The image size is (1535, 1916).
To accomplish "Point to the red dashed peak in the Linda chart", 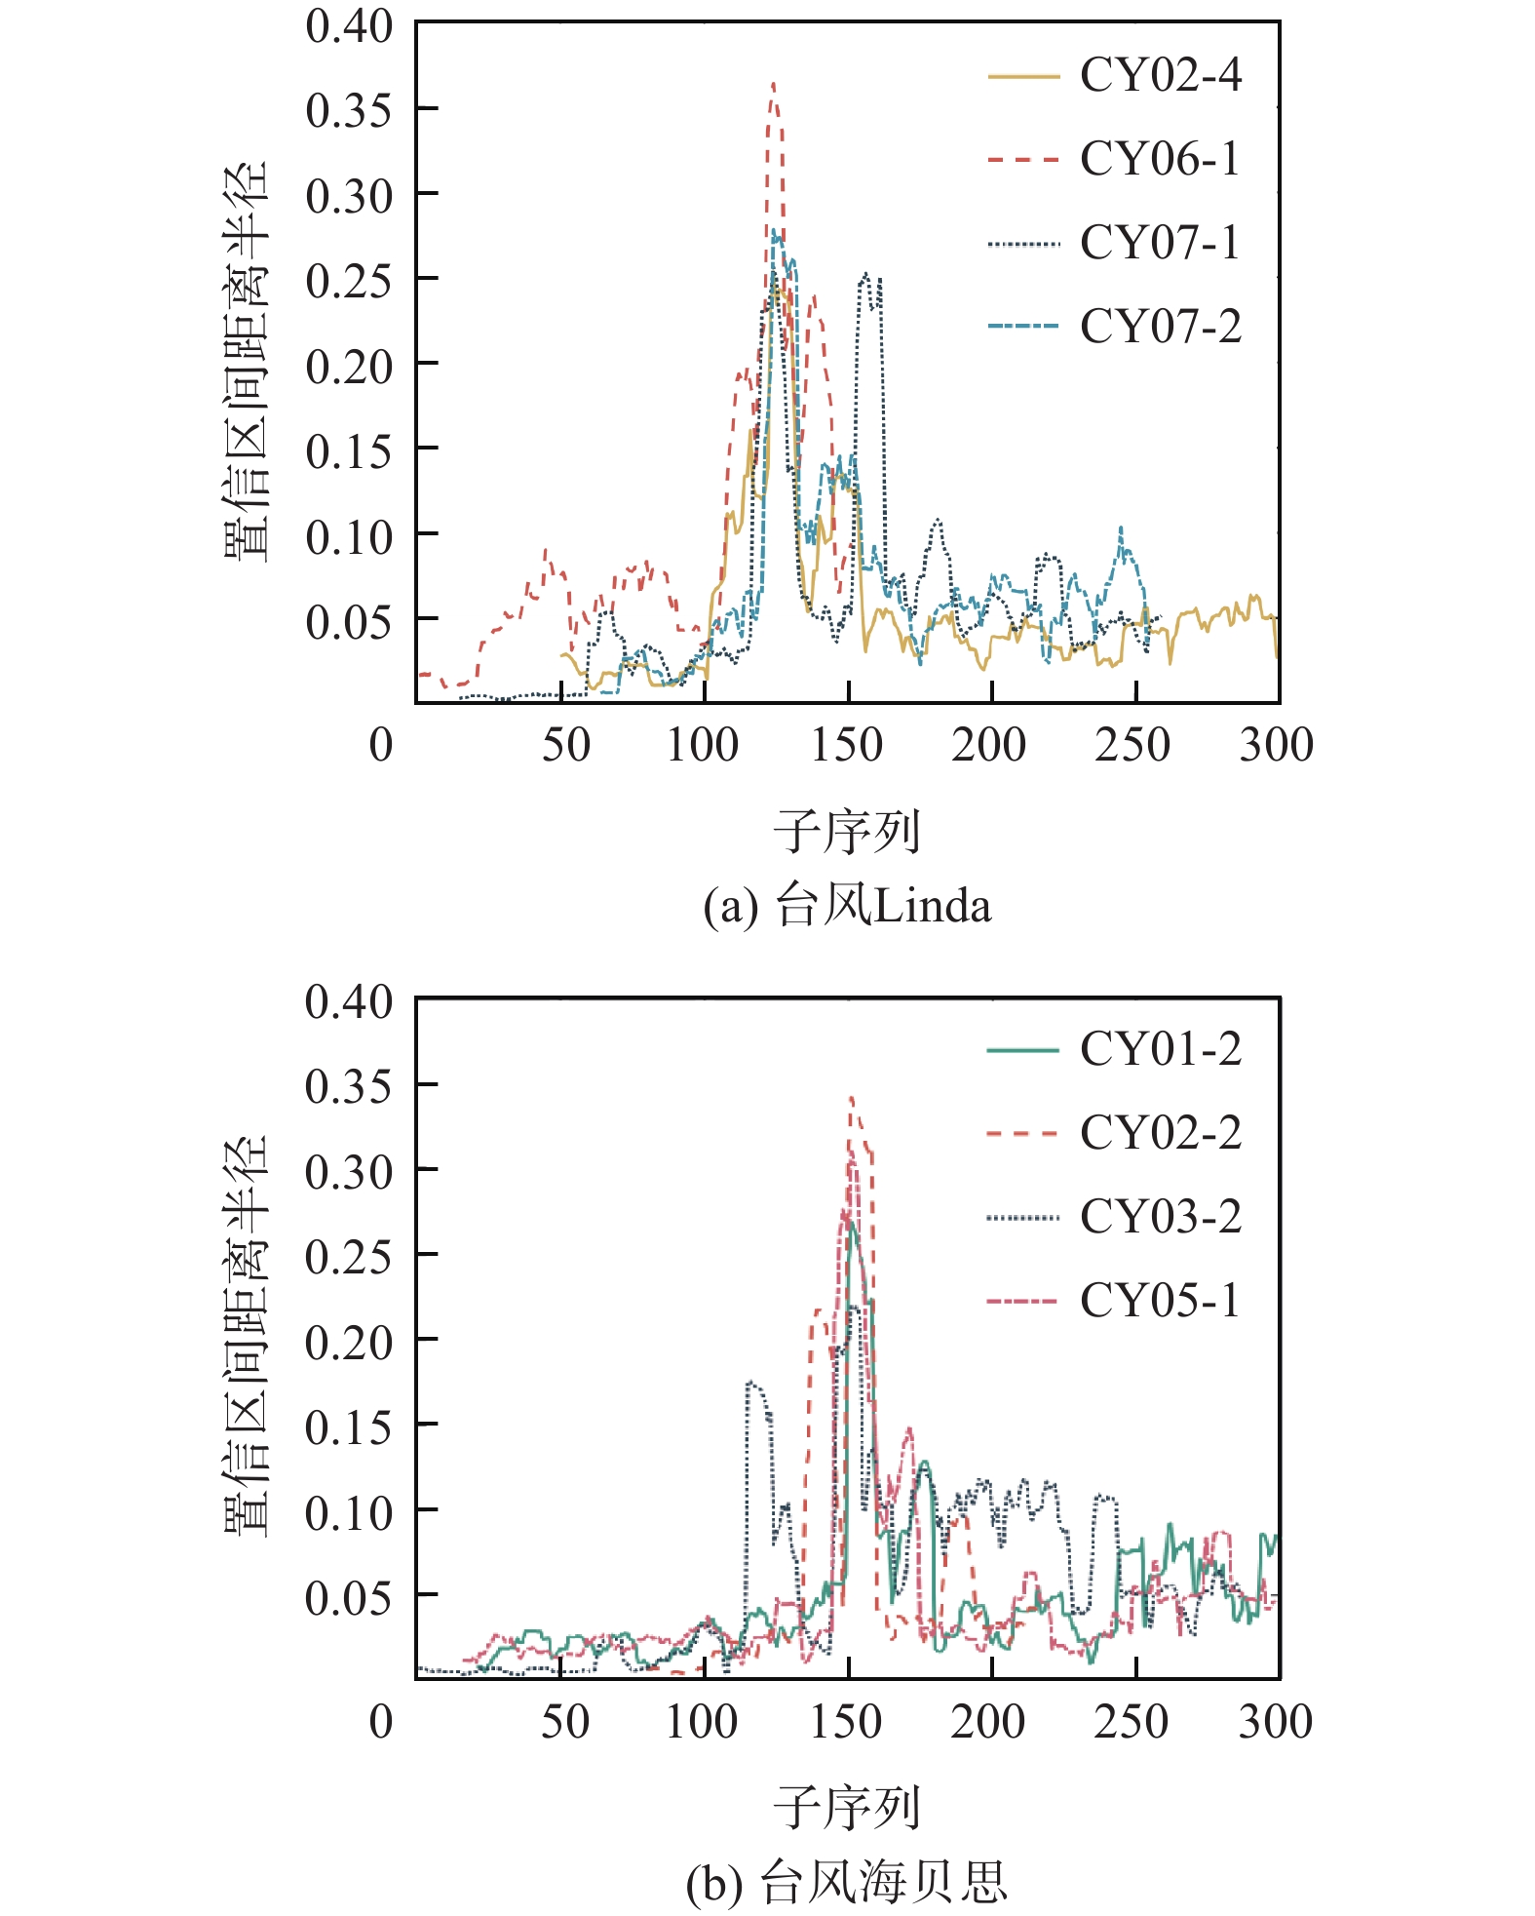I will (773, 86).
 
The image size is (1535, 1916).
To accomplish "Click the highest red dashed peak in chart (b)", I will (852, 1099).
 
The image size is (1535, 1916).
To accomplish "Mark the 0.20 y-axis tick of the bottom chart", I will (349, 1342).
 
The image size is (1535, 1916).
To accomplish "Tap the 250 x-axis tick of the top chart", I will (1132, 746).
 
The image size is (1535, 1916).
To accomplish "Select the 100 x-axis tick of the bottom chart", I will (702, 1722).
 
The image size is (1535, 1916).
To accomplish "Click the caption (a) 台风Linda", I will (846, 907).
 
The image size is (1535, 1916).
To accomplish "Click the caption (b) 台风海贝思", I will (846, 1882).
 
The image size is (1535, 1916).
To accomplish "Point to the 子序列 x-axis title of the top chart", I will (846, 832).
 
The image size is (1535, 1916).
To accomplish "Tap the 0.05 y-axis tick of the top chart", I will (349, 621).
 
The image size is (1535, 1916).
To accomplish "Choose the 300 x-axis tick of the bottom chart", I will (1276, 1722).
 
